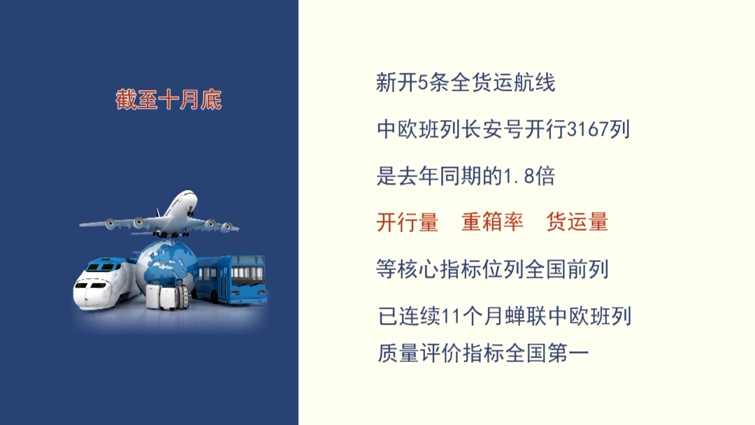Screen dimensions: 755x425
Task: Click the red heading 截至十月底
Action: point(168,100)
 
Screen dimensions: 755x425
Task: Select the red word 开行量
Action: point(408,222)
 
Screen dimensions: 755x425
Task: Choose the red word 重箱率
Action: point(492,222)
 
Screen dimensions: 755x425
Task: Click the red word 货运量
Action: point(577,222)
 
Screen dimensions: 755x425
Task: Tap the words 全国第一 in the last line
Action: point(547,354)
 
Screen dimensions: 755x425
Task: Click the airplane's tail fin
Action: point(159,212)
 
